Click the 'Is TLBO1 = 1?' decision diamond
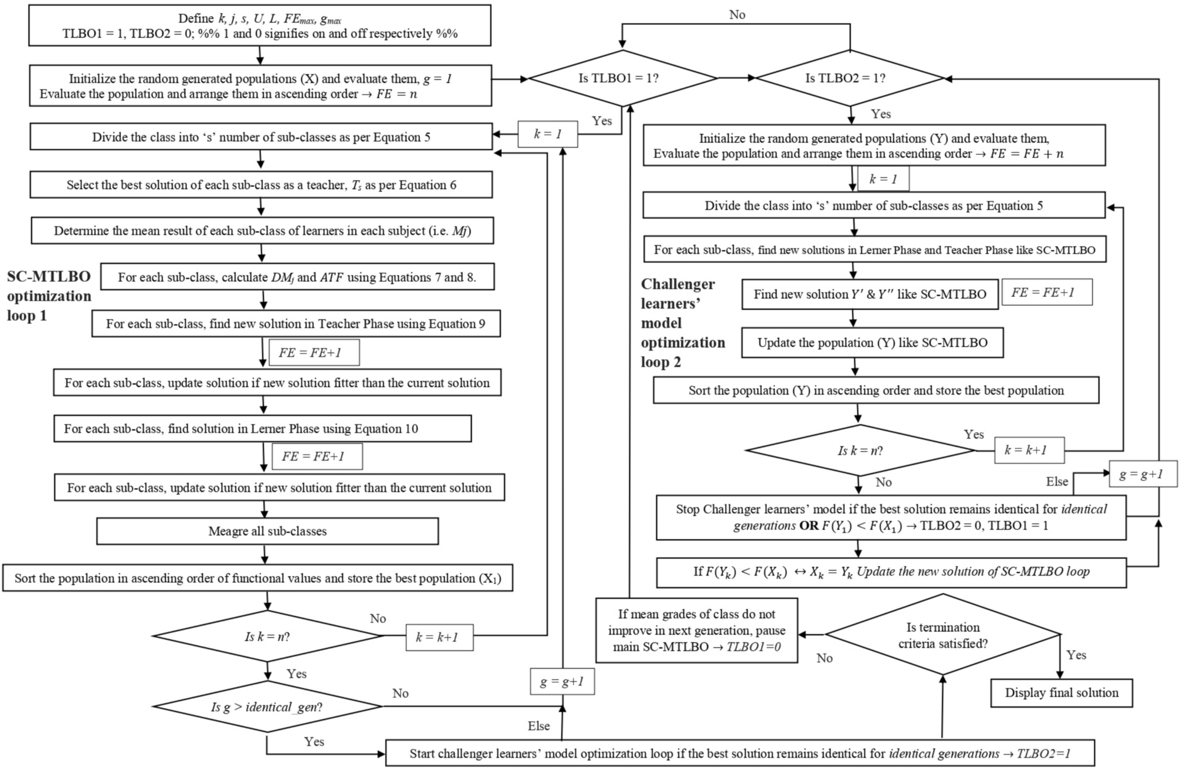(x=622, y=78)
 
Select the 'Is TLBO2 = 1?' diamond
(x=849, y=78)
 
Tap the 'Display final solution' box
(x=1061, y=693)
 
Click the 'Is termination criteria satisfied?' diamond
(x=943, y=635)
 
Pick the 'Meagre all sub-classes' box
(x=267, y=531)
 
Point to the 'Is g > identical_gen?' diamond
(x=267, y=707)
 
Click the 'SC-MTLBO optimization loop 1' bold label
(x=49, y=296)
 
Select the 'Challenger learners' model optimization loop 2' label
(x=683, y=323)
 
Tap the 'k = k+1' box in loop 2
(x=1029, y=451)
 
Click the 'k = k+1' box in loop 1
(x=439, y=637)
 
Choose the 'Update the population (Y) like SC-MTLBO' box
(x=872, y=343)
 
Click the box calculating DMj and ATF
(x=296, y=277)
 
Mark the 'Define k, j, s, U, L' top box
(x=259, y=26)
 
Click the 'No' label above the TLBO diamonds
(x=737, y=15)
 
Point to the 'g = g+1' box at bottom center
(x=561, y=682)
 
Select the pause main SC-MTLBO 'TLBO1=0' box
(x=696, y=630)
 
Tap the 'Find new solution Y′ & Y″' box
(x=869, y=294)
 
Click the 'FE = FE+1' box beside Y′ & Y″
(x=1046, y=293)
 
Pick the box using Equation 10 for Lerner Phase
(x=262, y=429)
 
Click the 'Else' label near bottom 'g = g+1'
(x=538, y=726)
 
